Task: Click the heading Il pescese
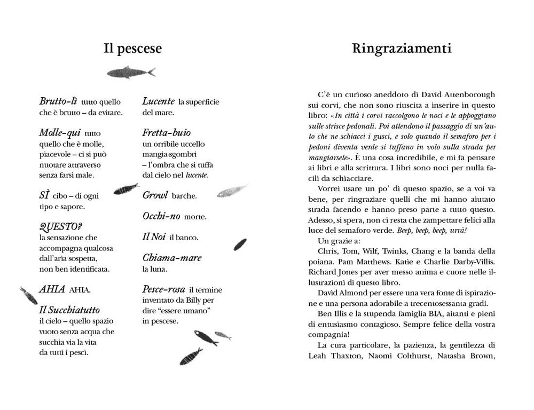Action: point(132,49)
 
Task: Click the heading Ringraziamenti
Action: point(402,49)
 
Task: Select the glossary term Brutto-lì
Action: point(59,101)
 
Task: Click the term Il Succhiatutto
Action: point(69,310)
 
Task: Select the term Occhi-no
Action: point(161,216)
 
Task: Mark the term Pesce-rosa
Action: point(163,289)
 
